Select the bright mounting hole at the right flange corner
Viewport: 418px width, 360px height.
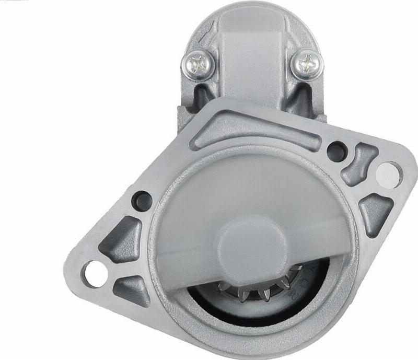coord(387,171)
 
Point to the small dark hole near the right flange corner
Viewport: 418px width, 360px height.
coord(336,151)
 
